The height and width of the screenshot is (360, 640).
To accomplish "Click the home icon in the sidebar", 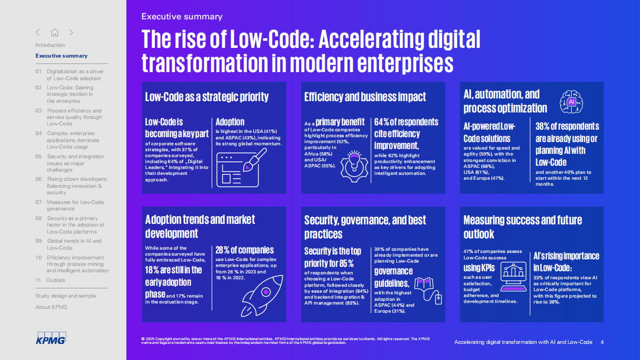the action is [x=55, y=32].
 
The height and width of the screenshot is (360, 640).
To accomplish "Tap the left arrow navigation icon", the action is [x=38, y=32].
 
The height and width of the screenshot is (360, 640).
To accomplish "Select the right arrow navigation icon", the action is [x=71, y=32].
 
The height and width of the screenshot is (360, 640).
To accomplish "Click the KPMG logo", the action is [x=51, y=337].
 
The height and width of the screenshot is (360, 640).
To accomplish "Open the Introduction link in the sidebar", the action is [x=50, y=45].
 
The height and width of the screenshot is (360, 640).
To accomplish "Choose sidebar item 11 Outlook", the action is [x=51, y=280].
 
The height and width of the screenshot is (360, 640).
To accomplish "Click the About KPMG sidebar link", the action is [x=52, y=307].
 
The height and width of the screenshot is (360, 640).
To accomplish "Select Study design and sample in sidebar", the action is [x=66, y=295].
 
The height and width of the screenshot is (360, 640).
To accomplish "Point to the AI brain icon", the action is [x=571, y=102].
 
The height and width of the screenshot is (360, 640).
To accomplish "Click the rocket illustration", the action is [x=262, y=295].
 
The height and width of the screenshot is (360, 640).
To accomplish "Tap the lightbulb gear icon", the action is [x=354, y=166].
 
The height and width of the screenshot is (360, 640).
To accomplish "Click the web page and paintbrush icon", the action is [x=241, y=168].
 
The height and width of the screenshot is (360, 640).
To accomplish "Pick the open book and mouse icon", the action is [x=428, y=291].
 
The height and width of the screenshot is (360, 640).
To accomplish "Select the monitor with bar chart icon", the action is [x=513, y=277].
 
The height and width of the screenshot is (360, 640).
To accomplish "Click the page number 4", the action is [x=602, y=342].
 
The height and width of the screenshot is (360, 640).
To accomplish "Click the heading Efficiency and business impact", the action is [x=365, y=97].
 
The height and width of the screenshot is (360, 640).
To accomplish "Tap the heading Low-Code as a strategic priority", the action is [x=207, y=97].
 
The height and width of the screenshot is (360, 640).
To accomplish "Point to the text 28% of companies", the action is [x=245, y=250].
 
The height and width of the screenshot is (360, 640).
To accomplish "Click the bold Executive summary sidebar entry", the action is [x=61, y=56].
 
